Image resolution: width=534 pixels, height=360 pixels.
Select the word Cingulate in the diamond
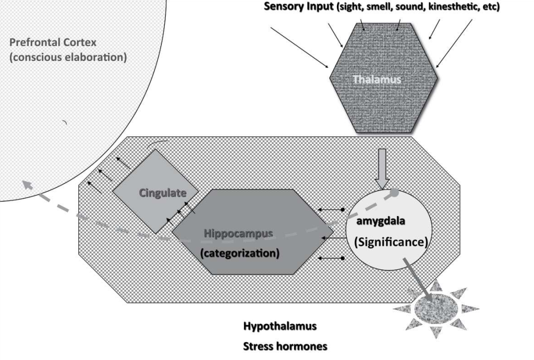pyautogui.click(x=162, y=193)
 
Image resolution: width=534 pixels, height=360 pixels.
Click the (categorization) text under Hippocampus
pyautogui.click(x=239, y=254)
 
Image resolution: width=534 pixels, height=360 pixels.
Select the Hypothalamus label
pyautogui.click(x=280, y=327)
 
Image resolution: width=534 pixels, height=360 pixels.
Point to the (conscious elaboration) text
pyautogui.click(x=68, y=57)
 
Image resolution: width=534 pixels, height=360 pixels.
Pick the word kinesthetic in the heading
pyautogui.click(x=451, y=7)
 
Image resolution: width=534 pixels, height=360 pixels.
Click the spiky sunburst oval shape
pyautogui.click(x=435, y=309)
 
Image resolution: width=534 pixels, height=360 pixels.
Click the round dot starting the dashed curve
pyautogui.click(x=395, y=193)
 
